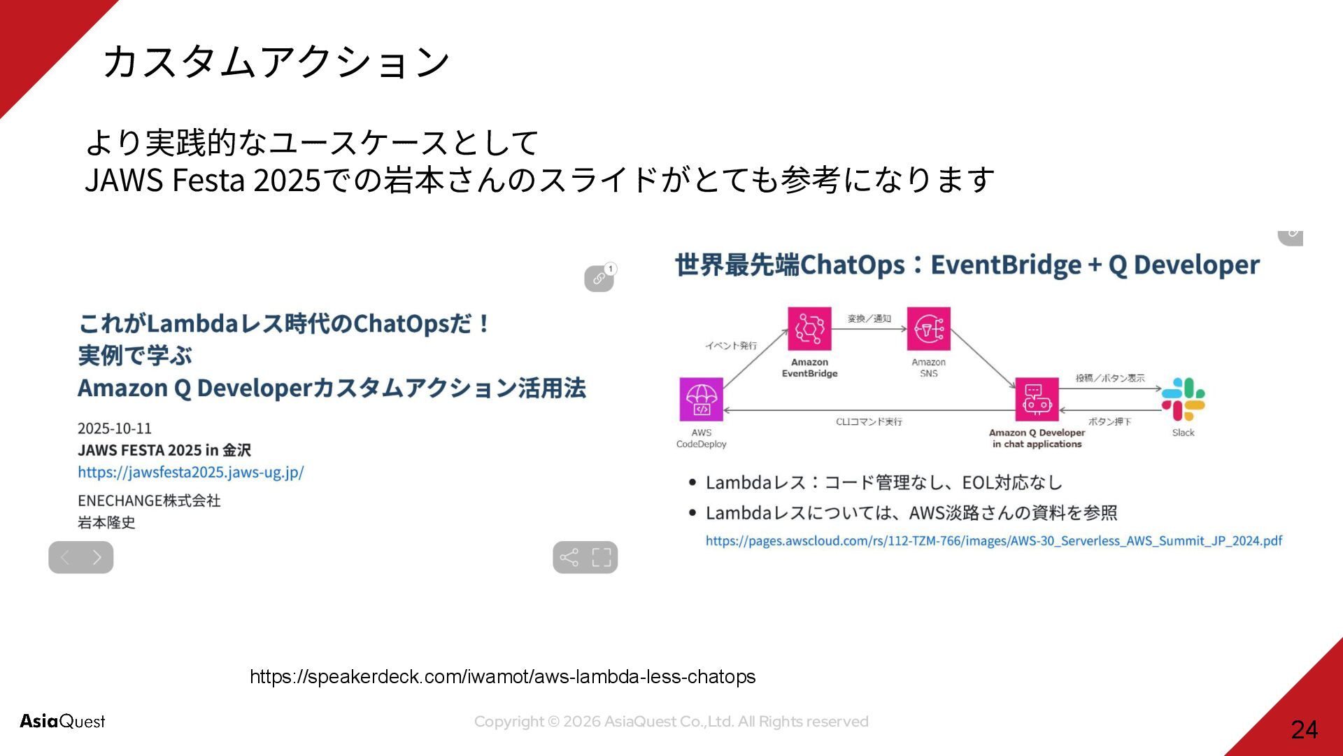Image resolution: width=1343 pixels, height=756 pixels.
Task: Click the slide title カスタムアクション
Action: (276, 62)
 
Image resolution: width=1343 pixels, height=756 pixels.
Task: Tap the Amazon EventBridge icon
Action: (809, 328)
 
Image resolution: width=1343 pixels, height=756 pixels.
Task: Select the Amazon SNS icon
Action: (928, 328)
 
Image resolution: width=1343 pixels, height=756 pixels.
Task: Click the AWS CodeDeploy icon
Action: (701, 399)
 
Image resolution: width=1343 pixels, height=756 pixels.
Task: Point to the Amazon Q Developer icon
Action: (1037, 399)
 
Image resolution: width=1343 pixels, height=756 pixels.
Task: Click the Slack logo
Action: (1183, 399)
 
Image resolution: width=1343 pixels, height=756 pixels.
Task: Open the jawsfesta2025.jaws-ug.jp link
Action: (190, 472)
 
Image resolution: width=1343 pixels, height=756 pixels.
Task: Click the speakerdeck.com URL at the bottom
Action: (502, 677)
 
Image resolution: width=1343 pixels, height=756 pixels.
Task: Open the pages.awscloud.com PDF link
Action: (993, 541)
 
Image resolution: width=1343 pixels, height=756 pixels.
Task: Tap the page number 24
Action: (1304, 730)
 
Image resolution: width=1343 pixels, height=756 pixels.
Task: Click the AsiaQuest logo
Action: (62, 721)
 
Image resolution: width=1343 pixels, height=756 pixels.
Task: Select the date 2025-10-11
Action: (115, 428)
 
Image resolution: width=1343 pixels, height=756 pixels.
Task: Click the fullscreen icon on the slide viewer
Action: (602, 557)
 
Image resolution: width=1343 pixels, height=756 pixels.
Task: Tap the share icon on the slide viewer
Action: (569, 557)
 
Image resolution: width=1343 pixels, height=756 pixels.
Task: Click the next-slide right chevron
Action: (97, 557)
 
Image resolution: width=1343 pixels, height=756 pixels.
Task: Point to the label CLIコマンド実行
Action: (869, 422)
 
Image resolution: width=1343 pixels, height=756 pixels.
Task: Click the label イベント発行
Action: (730, 346)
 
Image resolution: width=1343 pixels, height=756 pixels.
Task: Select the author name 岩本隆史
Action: (106, 523)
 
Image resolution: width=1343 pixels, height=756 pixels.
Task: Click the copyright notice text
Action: (671, 722)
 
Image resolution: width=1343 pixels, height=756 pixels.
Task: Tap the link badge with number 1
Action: (599, 278)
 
